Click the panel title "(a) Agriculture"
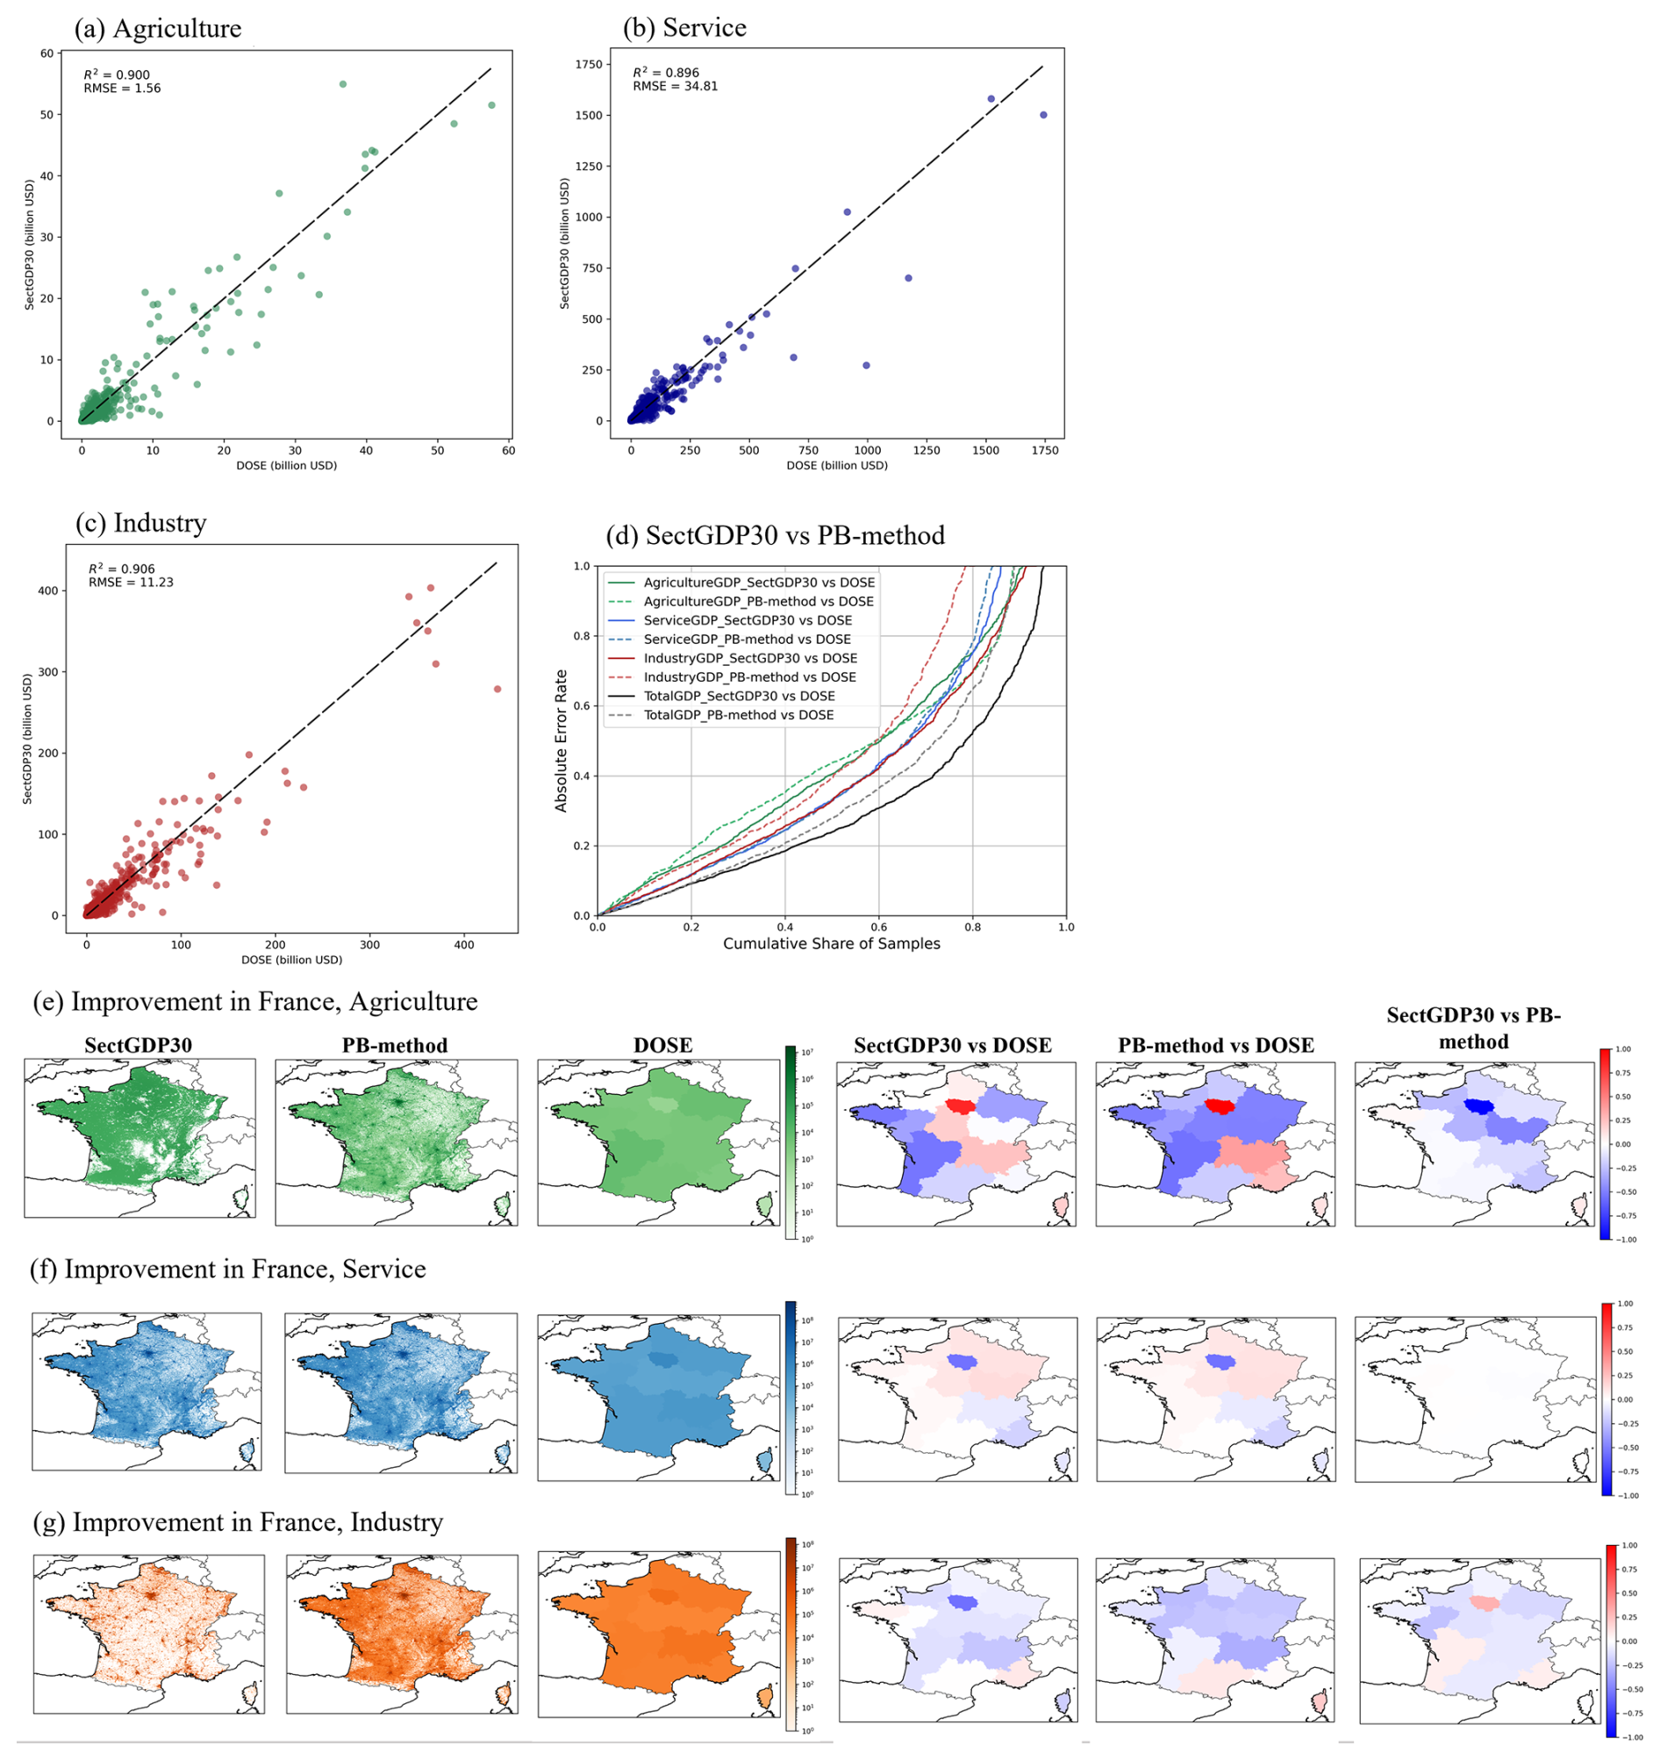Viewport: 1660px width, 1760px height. tap(158, 28)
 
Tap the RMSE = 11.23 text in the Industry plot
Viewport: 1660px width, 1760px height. tap(131, 582)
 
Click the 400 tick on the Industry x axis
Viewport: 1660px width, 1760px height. tap(464, 945)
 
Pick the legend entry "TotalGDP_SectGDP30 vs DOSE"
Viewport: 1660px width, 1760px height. tap(739, 696)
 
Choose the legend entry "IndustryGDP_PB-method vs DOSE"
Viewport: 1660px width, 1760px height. tap(749, 677)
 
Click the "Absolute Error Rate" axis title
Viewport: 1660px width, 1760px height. tap(561, 740)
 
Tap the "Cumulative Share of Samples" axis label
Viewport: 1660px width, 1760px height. tap(832, 944)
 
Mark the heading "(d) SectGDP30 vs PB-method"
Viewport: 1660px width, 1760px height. tap(775, 535)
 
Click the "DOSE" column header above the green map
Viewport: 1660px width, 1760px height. tap(662, 1046)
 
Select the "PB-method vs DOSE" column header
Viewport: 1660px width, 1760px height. tap(1214, 1046)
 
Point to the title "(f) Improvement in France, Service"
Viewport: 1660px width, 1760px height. tap(227, 1270)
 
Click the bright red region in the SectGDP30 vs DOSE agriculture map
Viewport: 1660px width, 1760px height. tap(958, 1105)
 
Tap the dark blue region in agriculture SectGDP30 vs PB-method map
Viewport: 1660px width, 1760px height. tap(1476, 1105)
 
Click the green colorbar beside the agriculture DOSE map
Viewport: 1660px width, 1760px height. tap(791, 1142)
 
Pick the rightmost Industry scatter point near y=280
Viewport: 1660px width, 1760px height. tap(497, 689)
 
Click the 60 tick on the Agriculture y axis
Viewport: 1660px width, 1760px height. tap(46, 54)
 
